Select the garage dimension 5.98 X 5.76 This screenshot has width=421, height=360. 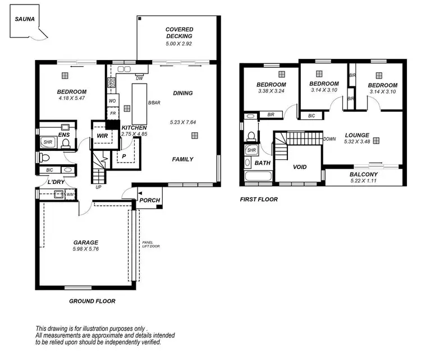(x=86, y=250)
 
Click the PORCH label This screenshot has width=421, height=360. (x=150, y=200)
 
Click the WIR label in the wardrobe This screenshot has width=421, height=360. (x=103, y=136)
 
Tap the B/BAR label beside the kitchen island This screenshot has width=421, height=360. (x=153, y=103)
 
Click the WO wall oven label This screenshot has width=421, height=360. (x=112, y=101)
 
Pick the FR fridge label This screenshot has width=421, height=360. (x=112, y=113)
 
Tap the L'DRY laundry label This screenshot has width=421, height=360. (x=56, y=182)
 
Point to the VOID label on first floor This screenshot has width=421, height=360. (x=300, y=167)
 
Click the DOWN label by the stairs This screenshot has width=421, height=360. (x=330, y=139)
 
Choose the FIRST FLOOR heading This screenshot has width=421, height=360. (x=258, y=199)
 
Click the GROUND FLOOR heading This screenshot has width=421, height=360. (x=92, y=301)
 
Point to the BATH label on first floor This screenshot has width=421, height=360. (x=263, y=163)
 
